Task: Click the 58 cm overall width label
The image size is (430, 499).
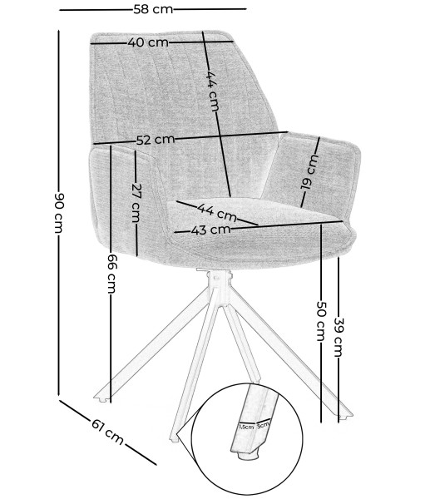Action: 153,9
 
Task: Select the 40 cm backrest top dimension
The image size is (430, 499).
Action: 148,42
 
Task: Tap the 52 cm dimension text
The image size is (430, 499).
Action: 156,140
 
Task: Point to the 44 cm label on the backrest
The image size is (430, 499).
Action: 213,91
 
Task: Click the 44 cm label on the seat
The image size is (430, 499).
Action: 217,212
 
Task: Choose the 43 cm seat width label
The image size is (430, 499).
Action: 210,230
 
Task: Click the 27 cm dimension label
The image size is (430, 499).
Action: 136,203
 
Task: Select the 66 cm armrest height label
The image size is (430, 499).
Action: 111,274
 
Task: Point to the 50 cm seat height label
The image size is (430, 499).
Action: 321,321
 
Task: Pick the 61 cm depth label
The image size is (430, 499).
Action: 107,432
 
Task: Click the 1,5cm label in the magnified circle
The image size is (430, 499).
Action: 246,427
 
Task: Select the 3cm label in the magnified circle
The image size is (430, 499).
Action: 263,424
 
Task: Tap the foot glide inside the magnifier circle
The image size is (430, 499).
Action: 247,455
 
